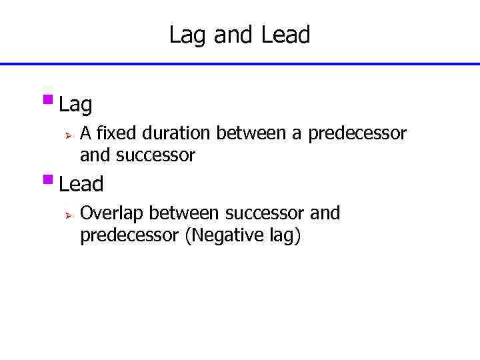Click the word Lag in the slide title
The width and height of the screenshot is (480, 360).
tap(188, 35)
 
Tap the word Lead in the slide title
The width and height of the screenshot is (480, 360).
tap(285, 35)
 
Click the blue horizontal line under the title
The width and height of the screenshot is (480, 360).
tap(240, 64)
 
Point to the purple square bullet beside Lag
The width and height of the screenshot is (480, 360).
tap(47, 101)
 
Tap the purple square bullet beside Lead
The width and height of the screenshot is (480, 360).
tap(47, 179)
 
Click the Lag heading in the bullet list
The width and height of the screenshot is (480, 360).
tap(75, 105)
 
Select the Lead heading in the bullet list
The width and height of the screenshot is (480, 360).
tap(81, 184)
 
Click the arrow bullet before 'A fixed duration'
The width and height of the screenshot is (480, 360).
tap(67, 135)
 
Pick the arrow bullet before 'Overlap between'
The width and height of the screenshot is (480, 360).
tap(67, 215)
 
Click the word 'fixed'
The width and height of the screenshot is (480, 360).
tap(114, 133)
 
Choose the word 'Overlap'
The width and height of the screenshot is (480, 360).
tap(111, 213)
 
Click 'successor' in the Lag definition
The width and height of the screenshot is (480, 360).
tap(155, 156)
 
